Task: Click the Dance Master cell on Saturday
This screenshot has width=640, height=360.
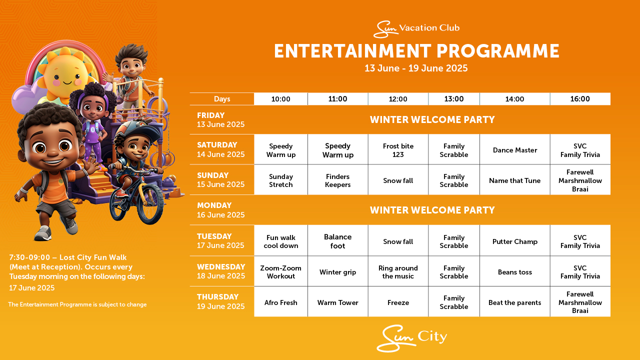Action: (515, 149)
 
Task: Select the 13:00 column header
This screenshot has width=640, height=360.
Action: (454, 99)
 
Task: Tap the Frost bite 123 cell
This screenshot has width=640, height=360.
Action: (398, 149)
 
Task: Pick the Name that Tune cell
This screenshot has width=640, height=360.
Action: (515, 180)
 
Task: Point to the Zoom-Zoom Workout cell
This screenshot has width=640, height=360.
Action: (281, 271)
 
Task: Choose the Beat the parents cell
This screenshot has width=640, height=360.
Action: (515, 302)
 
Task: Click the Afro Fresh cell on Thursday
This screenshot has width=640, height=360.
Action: (281, 302)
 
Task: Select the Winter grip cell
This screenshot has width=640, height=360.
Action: (337, 271)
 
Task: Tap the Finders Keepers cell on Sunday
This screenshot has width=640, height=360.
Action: (337, 180)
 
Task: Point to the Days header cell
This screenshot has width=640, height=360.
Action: (222, 99)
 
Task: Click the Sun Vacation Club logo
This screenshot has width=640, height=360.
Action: (416, 28)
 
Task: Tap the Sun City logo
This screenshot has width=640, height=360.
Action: (411, 338)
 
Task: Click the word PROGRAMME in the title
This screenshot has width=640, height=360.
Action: (497, 51)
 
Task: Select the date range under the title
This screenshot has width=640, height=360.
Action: (416, 68)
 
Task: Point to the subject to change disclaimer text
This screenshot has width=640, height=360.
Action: (77, 304)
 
